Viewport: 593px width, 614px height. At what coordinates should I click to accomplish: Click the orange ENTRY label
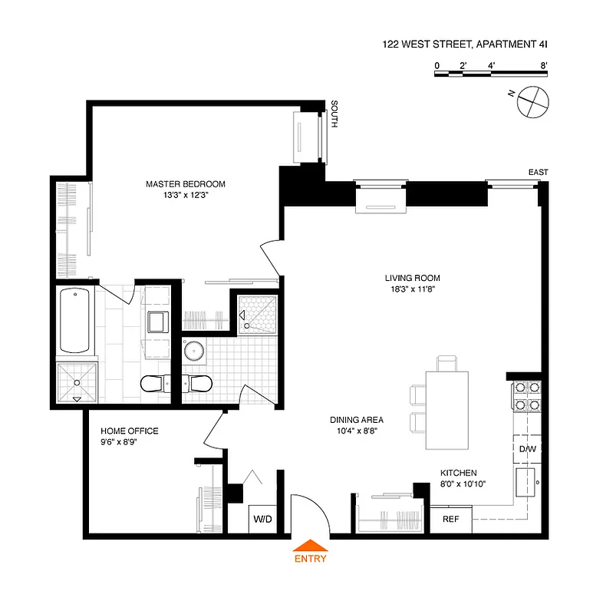tap(310, 559)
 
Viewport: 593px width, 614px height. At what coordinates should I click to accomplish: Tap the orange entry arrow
tap(310, 546)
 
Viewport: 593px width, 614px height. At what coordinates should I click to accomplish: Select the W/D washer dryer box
tap(262, 520)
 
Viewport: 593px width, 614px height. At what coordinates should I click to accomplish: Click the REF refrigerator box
tap(450, 520)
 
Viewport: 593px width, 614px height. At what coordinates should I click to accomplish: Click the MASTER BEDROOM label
tap(186, 184)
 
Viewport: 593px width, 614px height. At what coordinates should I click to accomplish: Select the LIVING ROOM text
tap(413, 279)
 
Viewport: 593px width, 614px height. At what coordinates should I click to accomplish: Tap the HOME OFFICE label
tap(129, 431)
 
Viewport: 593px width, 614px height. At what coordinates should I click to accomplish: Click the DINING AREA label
tap(357, 420)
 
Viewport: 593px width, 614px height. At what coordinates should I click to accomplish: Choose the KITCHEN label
tap(458, 473)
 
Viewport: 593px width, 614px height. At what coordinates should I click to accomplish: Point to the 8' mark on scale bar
tap(543, 66)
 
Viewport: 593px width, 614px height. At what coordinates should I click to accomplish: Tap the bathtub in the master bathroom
tap(75, 320)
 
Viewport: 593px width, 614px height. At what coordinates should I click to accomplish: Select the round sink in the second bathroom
tap(195, 352)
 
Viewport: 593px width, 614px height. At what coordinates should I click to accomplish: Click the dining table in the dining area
tap(446, 411)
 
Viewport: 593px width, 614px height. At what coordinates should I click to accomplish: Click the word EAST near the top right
tap(538, 173)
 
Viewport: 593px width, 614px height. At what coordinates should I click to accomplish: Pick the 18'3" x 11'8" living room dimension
tap(413, 290)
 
